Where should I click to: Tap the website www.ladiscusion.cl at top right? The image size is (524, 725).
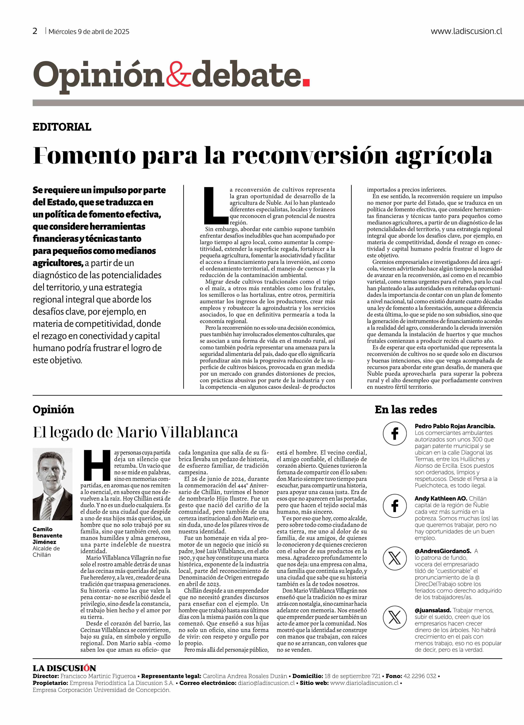(466, 31)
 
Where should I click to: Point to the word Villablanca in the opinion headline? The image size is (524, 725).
(198, 432)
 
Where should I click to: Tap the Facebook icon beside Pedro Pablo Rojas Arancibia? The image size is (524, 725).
(395, 434)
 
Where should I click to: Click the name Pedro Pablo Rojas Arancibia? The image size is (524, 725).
(455, 426)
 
